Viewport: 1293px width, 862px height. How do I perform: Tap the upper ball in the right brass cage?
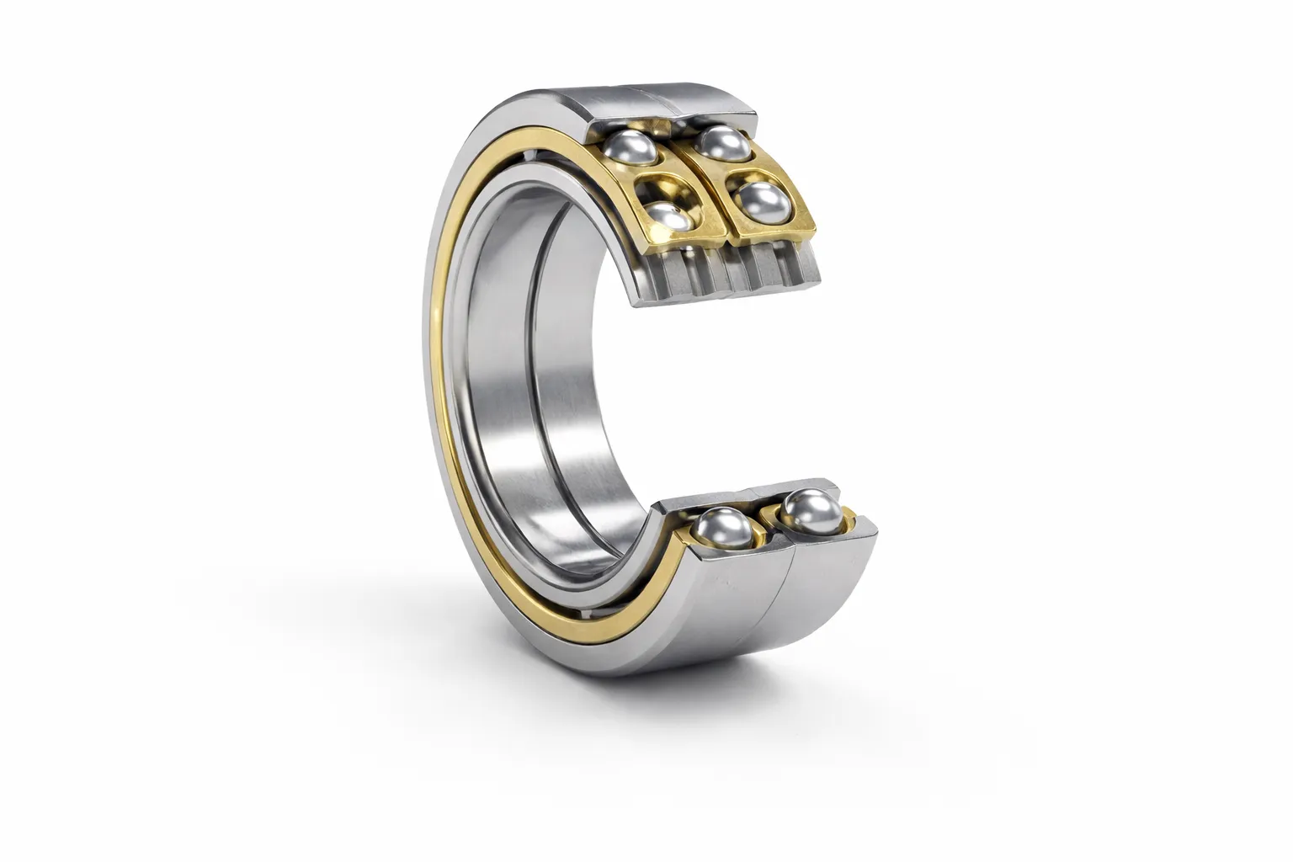(x=724, y=141)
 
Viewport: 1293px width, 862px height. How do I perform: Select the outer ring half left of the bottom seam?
(x=724, y=606)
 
